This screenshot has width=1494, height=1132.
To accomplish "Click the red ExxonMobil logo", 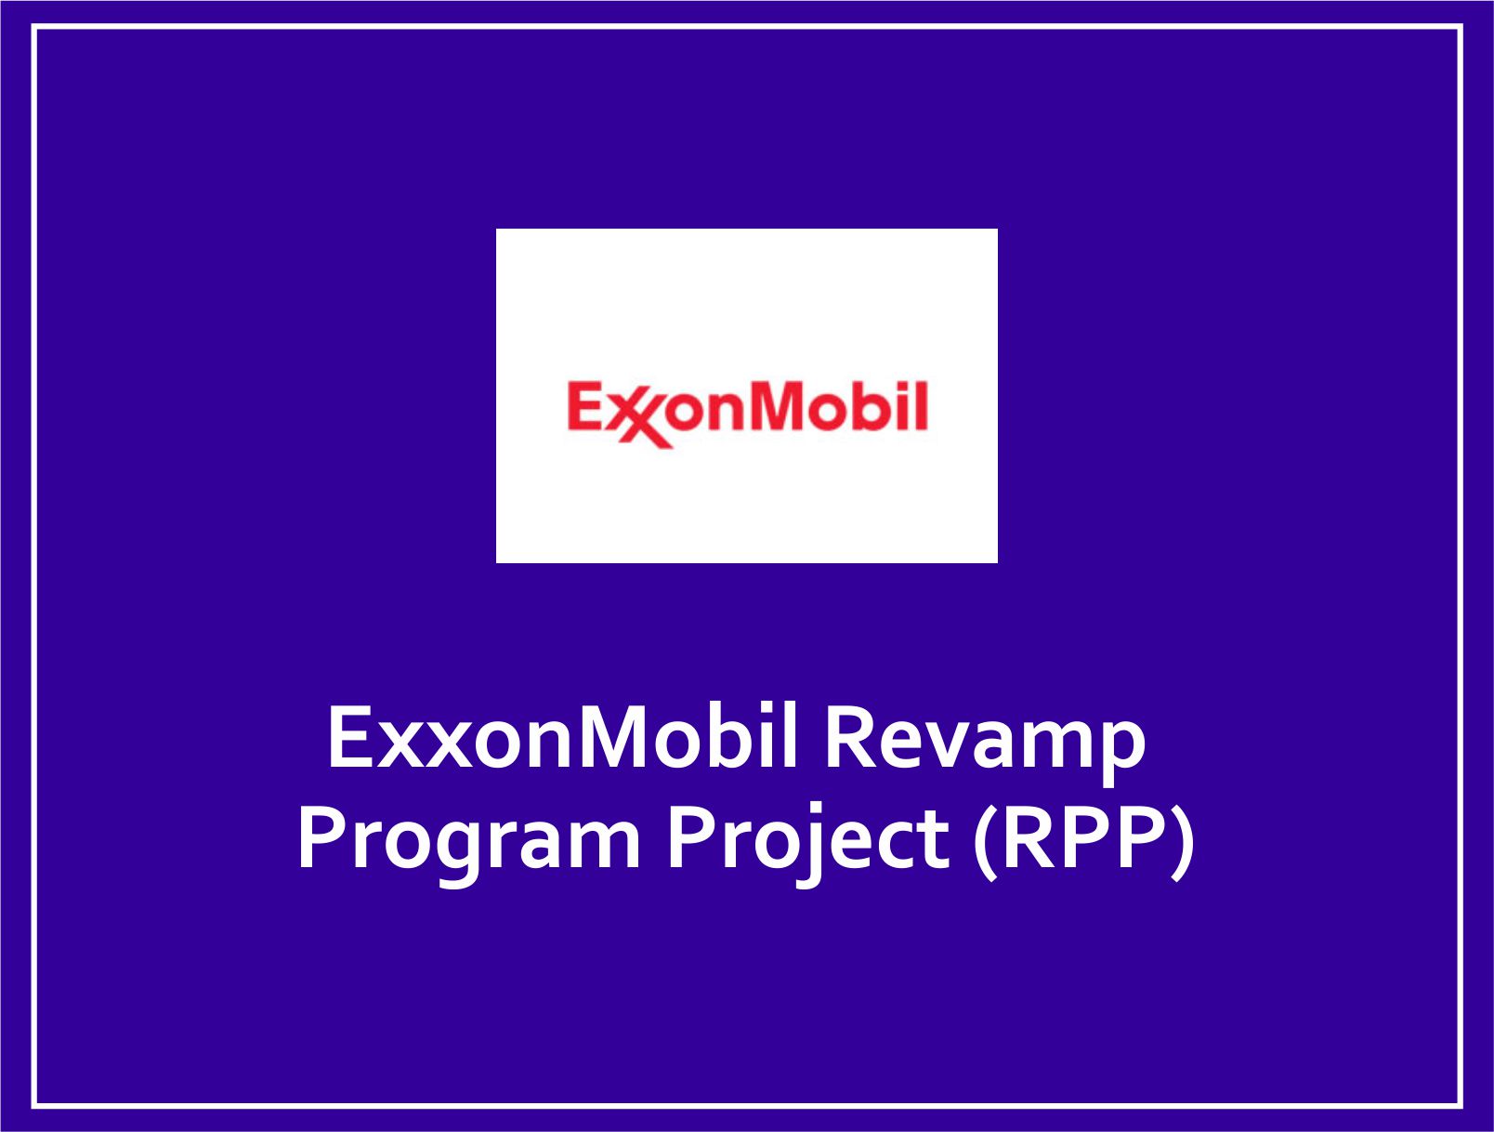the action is (x=747, y=415).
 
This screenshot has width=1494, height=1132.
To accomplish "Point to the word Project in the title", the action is (x=809, y=841).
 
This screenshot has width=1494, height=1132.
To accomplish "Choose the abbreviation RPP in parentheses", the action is (x=1083, y=837).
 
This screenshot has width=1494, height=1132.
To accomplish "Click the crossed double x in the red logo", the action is (x=641, y=422).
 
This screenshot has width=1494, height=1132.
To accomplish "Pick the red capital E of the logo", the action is (x=585, y=406).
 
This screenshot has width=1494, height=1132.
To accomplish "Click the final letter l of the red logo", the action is (x=921, y=406).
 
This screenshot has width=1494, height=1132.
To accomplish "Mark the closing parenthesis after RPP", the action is (x=1183, y=841).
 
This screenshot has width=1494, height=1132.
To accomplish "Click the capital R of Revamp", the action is (x=849, y=739).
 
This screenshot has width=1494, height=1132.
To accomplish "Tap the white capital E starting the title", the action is (x=348, y=739).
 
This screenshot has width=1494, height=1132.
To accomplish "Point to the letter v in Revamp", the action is (x=961, y=747).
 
